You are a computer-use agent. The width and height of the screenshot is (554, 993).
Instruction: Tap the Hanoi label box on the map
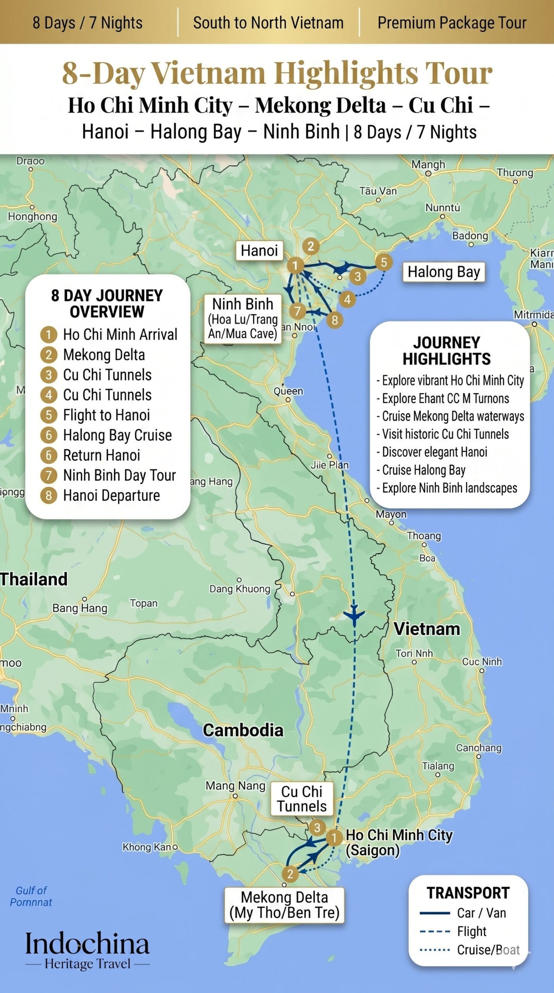point(259,251)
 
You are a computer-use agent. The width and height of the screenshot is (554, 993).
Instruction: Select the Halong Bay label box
point(444,272)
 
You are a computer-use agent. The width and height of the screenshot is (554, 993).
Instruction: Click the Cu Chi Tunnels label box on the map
point(302,799)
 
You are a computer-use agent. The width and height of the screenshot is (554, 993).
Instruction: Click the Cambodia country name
point(243,730)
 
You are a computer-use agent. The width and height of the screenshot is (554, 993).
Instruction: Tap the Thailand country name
point(34,580)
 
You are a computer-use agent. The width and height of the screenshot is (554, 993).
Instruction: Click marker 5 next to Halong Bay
point(383,262)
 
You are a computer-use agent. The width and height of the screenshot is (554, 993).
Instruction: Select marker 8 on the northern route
point(335,320)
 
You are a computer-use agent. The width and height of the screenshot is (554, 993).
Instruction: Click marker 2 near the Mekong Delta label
point(290,874)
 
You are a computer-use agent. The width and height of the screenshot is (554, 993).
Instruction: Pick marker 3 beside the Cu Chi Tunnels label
point(317,827)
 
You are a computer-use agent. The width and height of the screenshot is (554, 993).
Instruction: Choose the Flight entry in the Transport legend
point(471,931)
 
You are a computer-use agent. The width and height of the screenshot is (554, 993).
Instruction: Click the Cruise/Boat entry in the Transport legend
point(488,950)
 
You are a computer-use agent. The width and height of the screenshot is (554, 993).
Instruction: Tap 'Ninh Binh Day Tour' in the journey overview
point(119,475)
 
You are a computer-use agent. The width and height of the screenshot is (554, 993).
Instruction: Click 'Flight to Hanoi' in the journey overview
point(106,415)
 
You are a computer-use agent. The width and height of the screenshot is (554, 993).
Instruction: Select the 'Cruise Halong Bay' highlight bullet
point(423,470)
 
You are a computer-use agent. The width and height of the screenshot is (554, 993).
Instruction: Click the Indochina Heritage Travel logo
point(87,950)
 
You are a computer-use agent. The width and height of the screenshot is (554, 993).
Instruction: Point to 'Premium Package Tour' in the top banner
point(452,23)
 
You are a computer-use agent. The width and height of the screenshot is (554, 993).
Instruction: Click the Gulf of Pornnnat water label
point(31,896)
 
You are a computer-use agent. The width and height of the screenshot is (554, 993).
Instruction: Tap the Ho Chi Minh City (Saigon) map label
point(399,842)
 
